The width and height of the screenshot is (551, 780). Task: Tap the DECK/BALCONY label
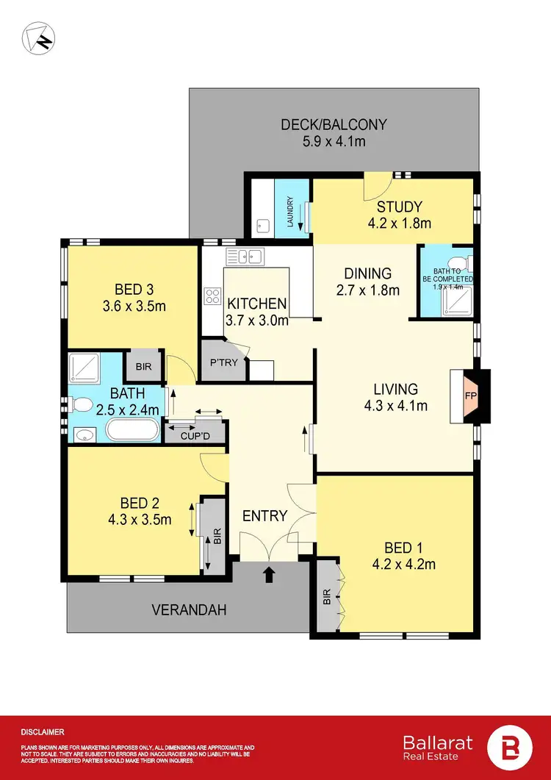tap(334, 124)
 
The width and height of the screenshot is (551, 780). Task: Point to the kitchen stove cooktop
tap(214, 296)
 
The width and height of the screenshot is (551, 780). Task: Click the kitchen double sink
tap(245, 257)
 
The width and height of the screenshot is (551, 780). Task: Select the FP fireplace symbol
tap(469, 395)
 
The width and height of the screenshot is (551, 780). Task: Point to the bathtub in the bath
tap(132, 429)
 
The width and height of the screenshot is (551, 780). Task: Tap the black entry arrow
tap(269, 573)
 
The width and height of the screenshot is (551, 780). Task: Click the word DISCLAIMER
tap(43, 732)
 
